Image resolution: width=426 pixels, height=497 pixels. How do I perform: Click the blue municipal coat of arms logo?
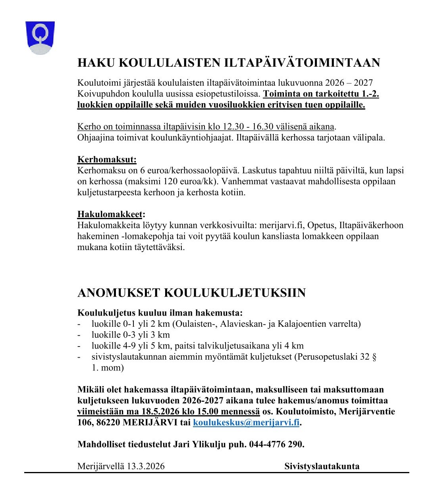tap(40, 37)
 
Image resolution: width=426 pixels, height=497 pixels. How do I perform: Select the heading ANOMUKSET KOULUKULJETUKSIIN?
tap(191, 293)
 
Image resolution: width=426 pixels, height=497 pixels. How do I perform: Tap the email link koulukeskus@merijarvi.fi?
tap(246, 422)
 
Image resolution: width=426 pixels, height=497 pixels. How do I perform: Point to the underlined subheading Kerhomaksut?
tap(107, 160)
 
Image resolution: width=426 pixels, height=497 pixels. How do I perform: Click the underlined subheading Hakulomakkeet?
tap(110, 214)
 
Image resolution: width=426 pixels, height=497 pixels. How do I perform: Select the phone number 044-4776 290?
tap(276, 444)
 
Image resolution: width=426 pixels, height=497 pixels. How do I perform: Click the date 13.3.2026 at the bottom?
tap(145, 466)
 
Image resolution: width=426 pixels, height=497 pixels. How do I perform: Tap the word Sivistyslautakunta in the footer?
tap(322, 466)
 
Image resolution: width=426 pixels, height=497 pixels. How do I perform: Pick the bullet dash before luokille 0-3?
tap(79, 335)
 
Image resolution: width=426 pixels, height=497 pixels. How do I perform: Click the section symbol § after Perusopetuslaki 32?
tap(374, 357)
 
